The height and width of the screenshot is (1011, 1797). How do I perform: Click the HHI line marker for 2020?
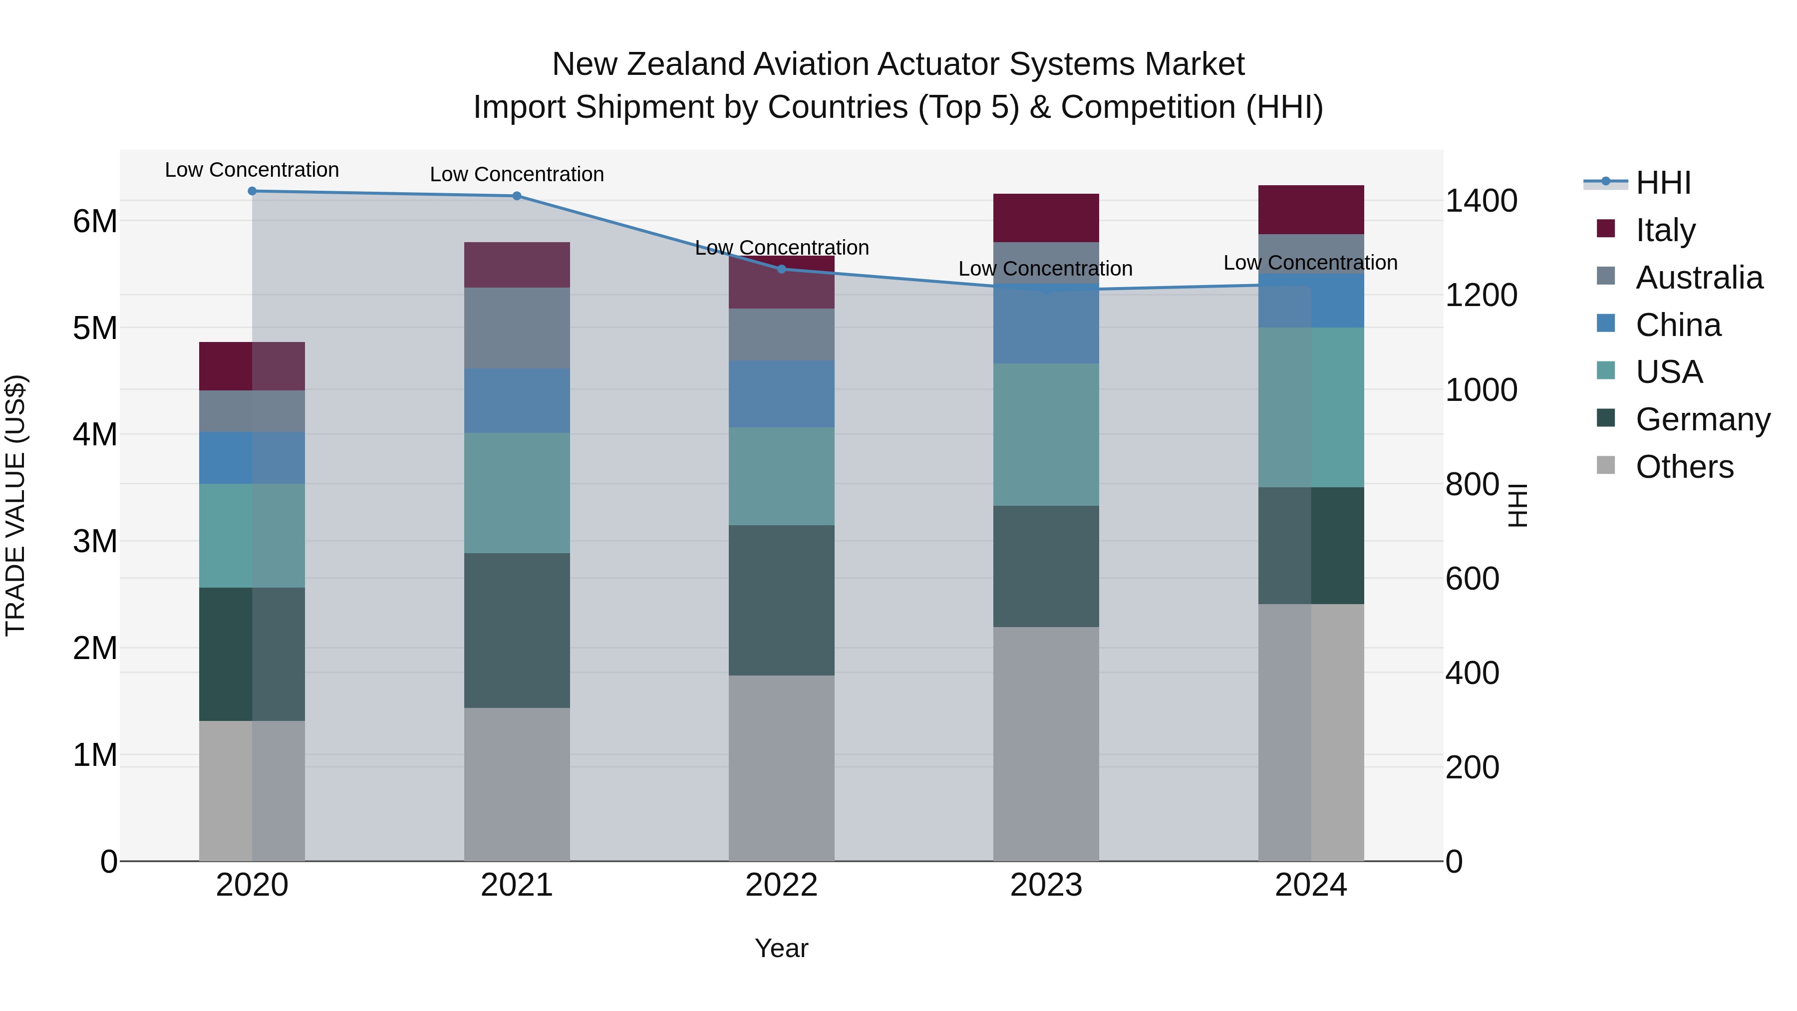(x=252, y=191)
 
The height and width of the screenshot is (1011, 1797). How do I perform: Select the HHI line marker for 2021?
(x=517, y=196)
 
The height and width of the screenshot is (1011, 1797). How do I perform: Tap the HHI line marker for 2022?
(x=781, y=269)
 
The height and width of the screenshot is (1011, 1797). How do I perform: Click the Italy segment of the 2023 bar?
(x=1046, y=218)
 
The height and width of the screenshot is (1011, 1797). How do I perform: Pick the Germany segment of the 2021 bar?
(x=517, y=631)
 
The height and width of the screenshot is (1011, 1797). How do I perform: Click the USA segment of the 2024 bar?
(x=1311, y=407)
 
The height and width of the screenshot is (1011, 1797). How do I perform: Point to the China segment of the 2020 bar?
(x=252, y=458)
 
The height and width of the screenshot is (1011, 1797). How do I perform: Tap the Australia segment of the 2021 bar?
(x=517, y=328)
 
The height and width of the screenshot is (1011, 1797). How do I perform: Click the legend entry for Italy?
(x=1665, y=230)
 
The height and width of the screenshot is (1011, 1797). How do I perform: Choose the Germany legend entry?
(x=1702, y=419)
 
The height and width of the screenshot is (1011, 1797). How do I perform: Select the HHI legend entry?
(x=1663, y=183)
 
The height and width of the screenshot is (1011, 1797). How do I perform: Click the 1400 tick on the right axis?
(x=1481, y=201)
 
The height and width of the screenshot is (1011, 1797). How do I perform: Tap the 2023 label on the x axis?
(x=1046, y=885)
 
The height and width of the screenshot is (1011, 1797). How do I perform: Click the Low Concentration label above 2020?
(x=252, y=170)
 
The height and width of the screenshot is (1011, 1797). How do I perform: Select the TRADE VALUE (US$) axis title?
(x=15, y=505)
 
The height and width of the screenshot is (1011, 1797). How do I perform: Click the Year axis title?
(x=781, y=948)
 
